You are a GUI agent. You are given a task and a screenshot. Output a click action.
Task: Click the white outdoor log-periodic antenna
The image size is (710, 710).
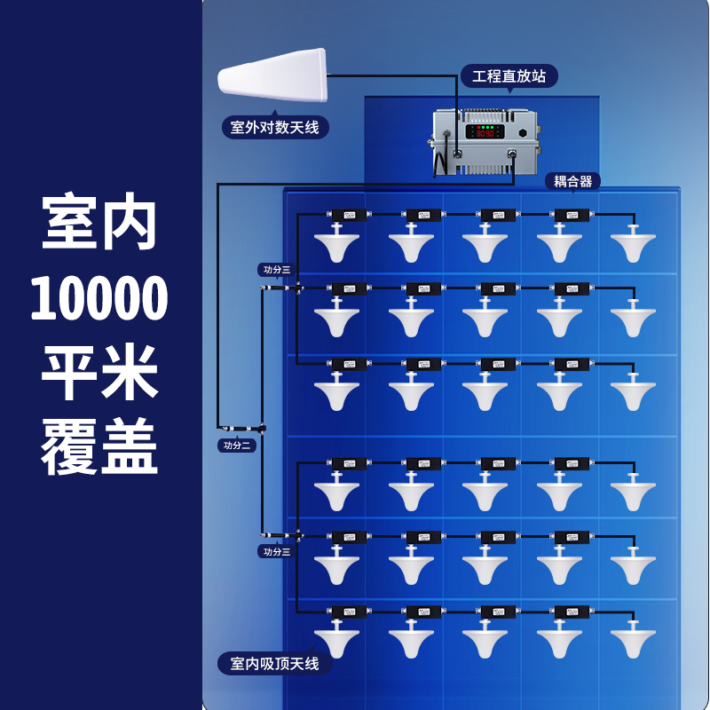[273, 76]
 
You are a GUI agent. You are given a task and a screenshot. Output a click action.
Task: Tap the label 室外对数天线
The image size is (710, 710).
[274, 128]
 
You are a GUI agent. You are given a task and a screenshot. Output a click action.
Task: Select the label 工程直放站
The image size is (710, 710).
[509, 76]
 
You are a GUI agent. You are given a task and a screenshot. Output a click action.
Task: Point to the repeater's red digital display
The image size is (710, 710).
[485, 133]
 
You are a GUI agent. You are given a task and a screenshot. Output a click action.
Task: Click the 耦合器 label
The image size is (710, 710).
[572, 181]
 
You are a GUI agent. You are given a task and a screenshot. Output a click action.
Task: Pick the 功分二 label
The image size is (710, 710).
[237, 446]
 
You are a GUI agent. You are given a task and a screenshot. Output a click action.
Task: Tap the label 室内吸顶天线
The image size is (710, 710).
[274, 663]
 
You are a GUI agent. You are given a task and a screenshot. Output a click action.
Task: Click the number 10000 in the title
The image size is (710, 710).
[99, 299]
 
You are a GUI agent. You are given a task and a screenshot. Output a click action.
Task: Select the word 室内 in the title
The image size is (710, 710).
[99, 224]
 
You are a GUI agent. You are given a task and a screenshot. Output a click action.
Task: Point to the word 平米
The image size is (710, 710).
[99, 373]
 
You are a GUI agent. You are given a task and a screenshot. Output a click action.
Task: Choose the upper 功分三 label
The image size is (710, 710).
[275, 270]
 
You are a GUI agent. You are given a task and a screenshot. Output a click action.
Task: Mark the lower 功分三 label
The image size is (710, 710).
[275, 551]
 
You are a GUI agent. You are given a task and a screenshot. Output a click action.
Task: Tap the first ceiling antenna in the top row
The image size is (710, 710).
[336, 243]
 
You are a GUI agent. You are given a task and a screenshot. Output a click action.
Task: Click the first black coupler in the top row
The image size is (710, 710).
[349, 215]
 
